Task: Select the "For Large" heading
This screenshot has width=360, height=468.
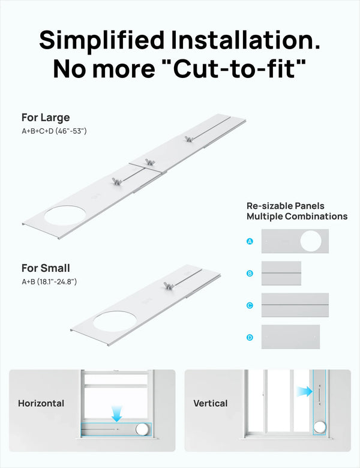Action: coord(46,118)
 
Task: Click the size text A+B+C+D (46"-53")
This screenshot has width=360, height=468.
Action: coord(54,131)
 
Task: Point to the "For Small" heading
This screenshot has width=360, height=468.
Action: coord(46,268)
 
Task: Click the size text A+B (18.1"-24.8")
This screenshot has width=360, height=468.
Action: coord(49,281)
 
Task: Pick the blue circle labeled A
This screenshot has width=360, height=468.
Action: coord(250,241)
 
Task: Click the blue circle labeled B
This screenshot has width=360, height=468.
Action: coord(250,274)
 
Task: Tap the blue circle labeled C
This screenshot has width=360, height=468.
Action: coord(250,305)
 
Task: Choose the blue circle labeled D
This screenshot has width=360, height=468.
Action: coord(250,337)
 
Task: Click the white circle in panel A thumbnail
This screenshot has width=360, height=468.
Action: coord(311,241)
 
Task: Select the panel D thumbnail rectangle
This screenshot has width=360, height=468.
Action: coord(290,337)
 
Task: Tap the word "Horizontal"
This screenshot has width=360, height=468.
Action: coord(41,403)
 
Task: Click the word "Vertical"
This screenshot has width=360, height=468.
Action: coord(210,403)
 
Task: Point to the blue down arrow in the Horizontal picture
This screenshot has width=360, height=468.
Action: coord(117,412)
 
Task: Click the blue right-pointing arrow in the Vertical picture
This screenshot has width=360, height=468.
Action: coord(305,391)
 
